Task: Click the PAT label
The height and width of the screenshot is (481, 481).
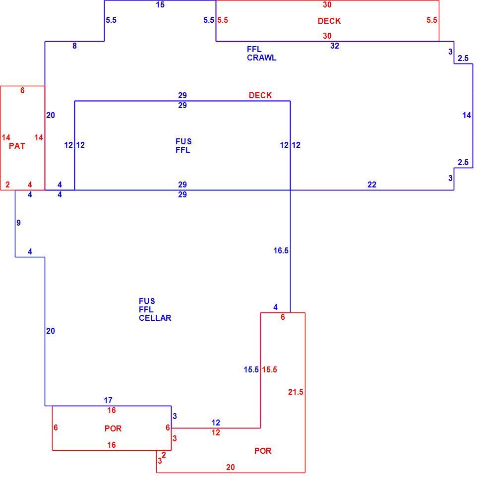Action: tap(17, 146)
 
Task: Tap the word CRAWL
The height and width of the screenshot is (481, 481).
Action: tap(262, 58)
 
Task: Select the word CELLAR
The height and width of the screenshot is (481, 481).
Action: tap(155, 318)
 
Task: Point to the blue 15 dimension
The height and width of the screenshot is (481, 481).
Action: tap(160, 4)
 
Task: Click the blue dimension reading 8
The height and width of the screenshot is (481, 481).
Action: tap(74, 46)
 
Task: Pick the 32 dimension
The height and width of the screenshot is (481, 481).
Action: tap(335, 46)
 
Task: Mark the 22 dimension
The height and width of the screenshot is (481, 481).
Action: tap(372, 184)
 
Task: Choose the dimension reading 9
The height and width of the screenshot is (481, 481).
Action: tap(19, 223)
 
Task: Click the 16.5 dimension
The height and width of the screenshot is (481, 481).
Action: tap(281, 251)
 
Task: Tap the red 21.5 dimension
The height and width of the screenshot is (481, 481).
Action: tap(296, 392)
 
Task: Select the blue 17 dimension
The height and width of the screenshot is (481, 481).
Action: tap(108, 400)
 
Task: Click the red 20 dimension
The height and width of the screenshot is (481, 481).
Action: tap(231, 467)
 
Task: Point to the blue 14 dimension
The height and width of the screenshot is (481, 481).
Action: tap(467, 116)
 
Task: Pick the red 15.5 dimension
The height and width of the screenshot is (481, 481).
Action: tap(269, 369)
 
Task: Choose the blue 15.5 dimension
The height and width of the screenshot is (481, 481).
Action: tap(251, 369)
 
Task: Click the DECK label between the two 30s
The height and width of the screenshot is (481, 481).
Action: tap(329, 21)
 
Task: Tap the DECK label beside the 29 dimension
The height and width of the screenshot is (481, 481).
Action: tap(260, 95)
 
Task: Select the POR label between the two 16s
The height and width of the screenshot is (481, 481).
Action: tap(113, 428)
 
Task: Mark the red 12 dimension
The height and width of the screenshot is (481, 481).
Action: tap(216, 433)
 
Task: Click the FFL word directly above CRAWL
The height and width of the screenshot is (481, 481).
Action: tap(254, 50)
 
